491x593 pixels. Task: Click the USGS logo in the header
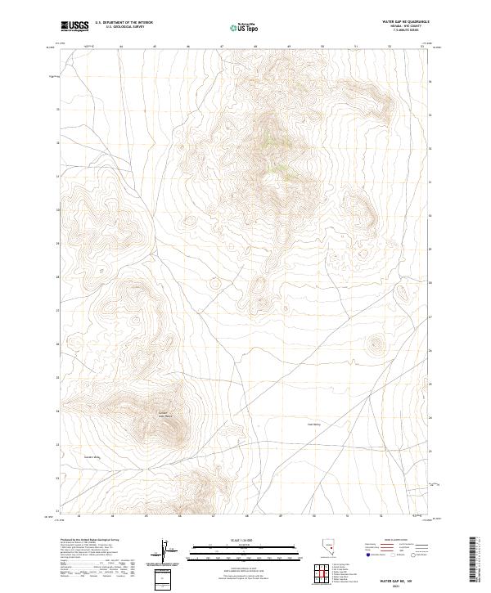click(x=74, y=26)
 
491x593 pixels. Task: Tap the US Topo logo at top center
click(x=247, y=27)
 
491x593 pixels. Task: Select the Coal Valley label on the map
click(x=316, y=424)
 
